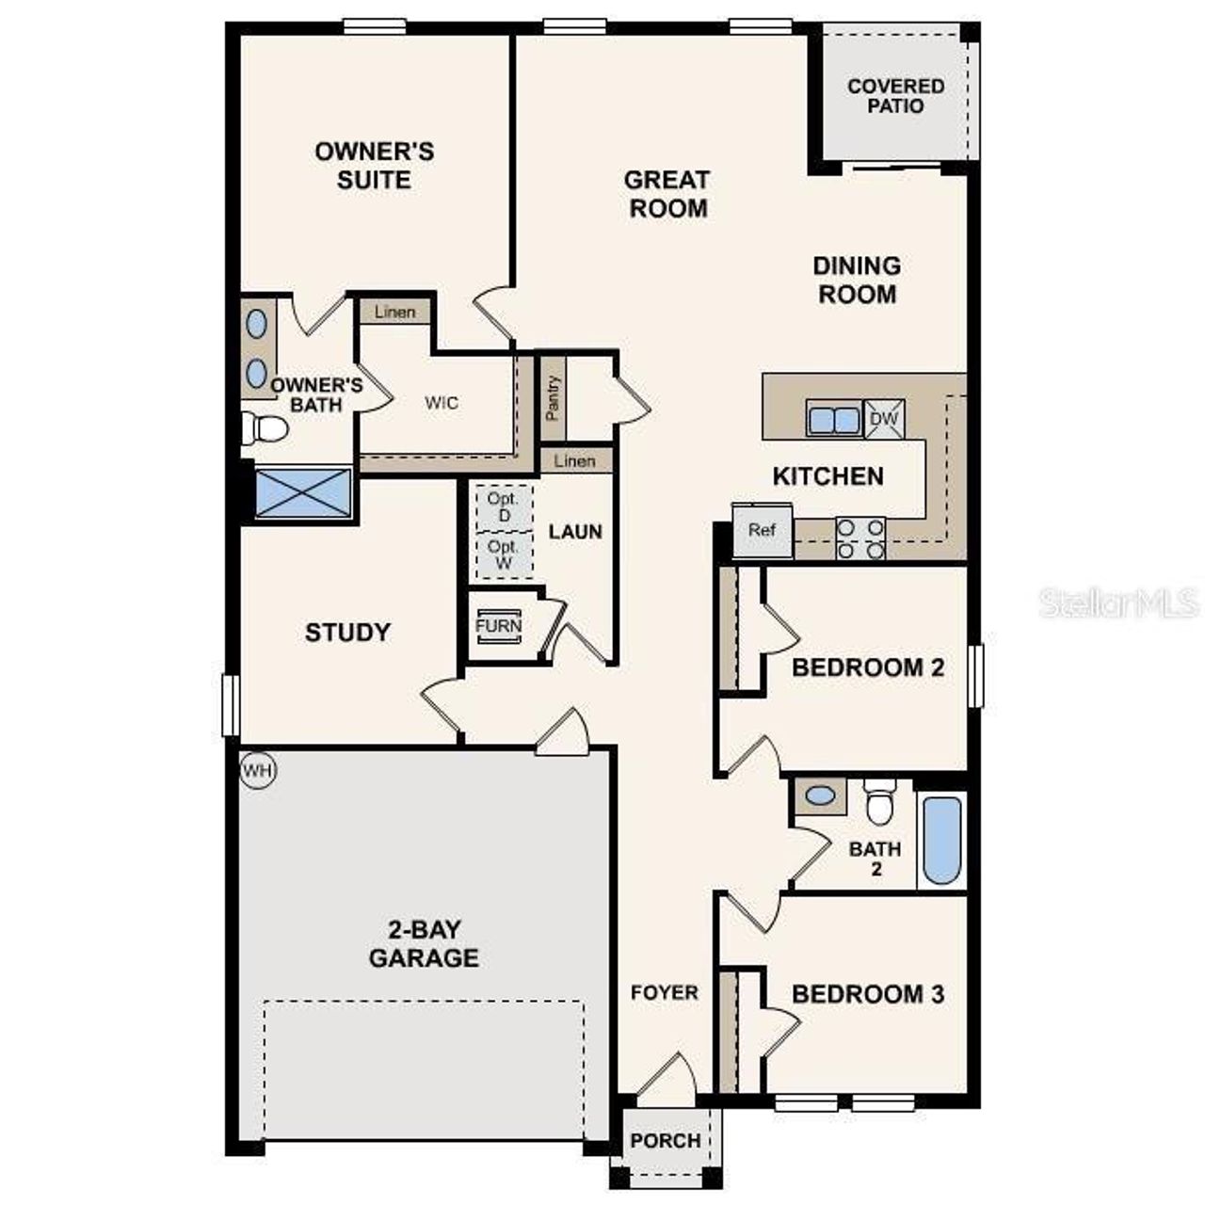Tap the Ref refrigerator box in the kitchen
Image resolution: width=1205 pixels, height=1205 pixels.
click(x=763, y=530)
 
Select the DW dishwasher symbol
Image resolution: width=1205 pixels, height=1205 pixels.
click(x=884, y=419)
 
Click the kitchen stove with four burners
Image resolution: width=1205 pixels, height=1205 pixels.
click(x=860, y=538)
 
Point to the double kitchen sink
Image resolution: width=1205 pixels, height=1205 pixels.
click(x=833, y=419)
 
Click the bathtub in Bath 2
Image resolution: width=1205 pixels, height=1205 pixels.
click(x=941, y=841)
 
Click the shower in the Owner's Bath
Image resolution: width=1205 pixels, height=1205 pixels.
click(x=303, y=493)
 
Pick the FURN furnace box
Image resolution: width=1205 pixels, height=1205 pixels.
click(x=499, y=627)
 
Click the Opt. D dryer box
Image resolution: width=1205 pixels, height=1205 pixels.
click(x=504, y=508)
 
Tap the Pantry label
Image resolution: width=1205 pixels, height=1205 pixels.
click(x=553, y=398)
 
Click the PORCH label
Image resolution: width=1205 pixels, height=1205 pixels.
click(x=666, y=1141)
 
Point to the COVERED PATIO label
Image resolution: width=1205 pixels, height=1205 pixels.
click(x=895, y=96)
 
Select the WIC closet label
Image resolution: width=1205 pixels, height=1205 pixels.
click(x=442, y=403)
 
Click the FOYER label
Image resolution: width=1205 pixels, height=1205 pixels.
click(x=665, y=992)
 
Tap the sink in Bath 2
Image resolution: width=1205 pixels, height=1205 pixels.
click(x=820, y=796)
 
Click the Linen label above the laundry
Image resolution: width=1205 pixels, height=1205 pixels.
click(x=575, y=461)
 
